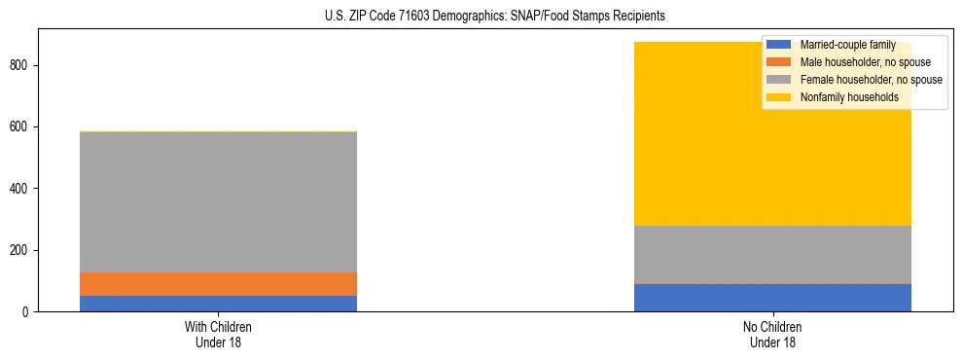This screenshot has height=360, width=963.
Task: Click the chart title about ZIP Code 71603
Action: (x=495, y=17)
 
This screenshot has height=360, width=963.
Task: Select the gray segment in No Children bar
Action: (x=772, y=254)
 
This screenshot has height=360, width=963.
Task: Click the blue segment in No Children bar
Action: (x=772, y=298)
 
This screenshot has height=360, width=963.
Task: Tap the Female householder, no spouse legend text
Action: (x=871, y=80)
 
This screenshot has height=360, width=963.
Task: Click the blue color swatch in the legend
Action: (x=779, y=45)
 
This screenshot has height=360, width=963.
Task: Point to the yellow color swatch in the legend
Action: (x=779, y=97)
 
